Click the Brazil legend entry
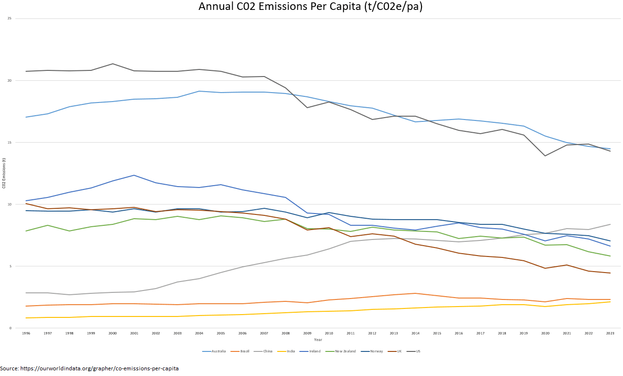pyautogui.click(x=244, y=351)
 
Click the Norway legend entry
pyautogui.click(x=375, y=351)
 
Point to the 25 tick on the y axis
pyautogui.click(x=9, y=18)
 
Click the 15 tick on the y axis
pyautogui.click(x=9, y=142)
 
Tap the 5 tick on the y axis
pyautogui.click(x=10, y=266)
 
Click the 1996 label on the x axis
pyautogui.click(x=26, y=333)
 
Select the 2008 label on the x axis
pyautogui.click(x=286, y=333)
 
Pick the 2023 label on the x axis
pyautogui.click(x=610, y=333)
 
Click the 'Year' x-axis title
pyautogui.click(x=318, y=340)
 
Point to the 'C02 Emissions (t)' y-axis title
pyautogui.click(x=4, y=173)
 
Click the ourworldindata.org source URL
pyautogui.click(x=99, y=368)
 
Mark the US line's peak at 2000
pyautogui.click(x=112, y=64)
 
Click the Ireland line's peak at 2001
pyautogui.click(x=134, y=175)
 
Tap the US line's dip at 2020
pyautogui.click(x=545, y=156)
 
